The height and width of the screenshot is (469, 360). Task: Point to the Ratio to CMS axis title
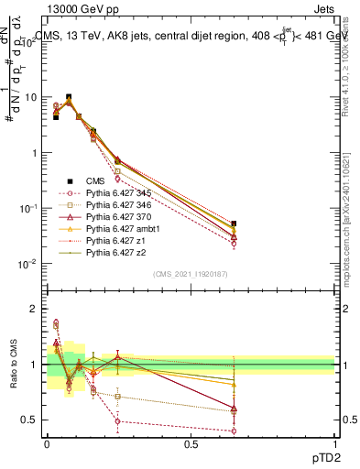click(13, 365)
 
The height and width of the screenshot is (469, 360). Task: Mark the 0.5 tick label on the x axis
click(191, 443)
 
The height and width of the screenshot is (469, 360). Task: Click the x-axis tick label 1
click(335, 443)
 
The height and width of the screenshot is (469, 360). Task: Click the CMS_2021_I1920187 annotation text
click(191, 274)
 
